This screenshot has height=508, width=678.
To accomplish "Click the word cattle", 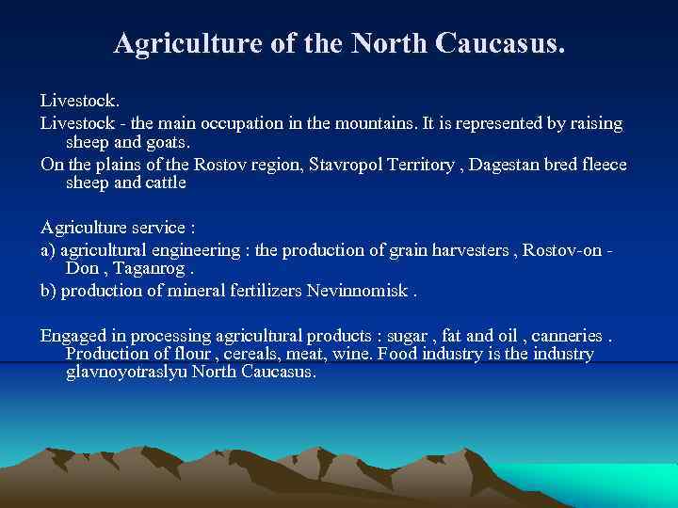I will tap(164, 183).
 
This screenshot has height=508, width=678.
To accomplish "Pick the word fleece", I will tap(603, 165).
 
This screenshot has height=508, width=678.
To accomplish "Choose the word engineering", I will tap(195, 250).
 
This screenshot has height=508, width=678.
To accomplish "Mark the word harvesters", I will tap(474, 250).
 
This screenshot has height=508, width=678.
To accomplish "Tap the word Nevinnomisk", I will tap(359, 291).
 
